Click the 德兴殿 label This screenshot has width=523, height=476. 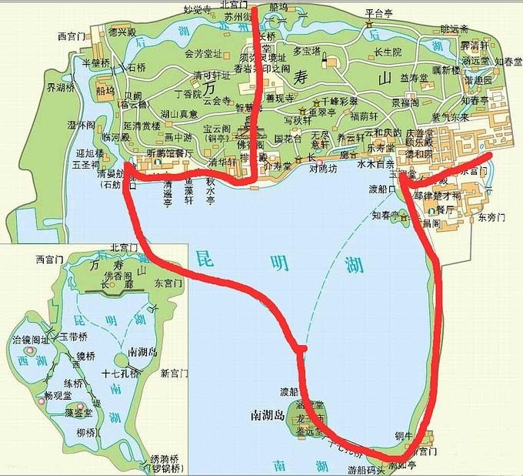point(122,32)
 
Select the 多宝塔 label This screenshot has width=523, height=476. point(307,53)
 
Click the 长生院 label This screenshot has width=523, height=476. point(386,52)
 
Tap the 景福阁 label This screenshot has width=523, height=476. point(405,102)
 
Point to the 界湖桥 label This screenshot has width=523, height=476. point(61,88)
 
